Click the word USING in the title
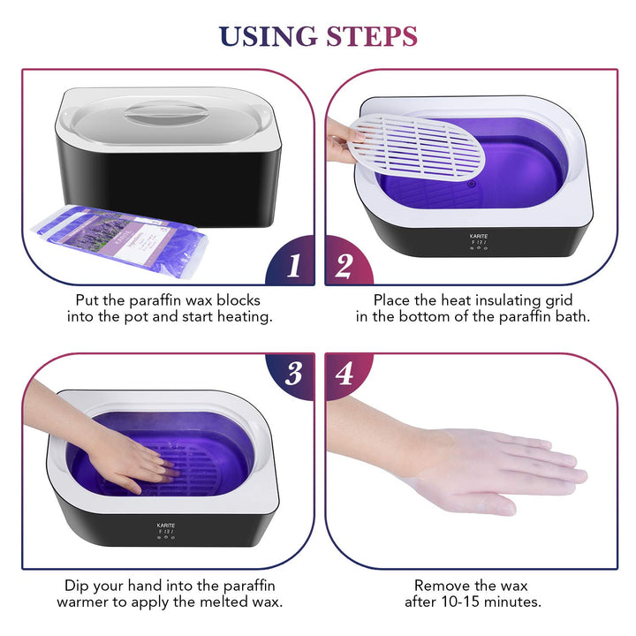(267, 36)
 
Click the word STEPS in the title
(372, 36)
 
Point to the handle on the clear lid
(168, 115)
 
